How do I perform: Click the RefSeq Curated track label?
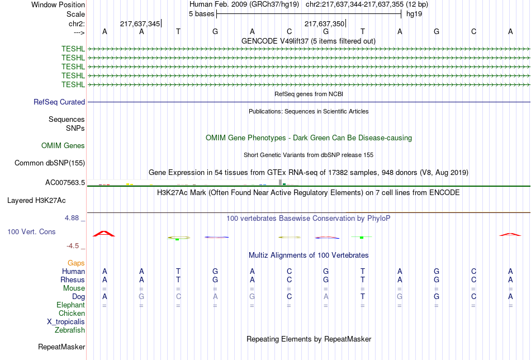[59, 102]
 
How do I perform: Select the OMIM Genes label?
[63, 146]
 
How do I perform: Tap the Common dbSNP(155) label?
[50, 163]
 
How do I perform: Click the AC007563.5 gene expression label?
[65, 183]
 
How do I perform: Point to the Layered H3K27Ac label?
[36, 201]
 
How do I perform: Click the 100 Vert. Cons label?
[31, 231]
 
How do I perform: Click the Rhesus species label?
[73, 280]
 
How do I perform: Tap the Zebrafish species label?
[70, 330]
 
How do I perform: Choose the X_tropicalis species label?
[66, 322]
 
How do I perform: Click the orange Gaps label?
[76, 263]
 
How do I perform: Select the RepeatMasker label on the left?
[61, 347]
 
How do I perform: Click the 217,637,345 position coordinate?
[140, 23]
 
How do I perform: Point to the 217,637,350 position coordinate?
[324, 23]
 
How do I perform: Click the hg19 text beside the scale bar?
[414, 14]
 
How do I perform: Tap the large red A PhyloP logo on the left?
[104, 234]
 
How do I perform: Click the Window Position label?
[58, 4]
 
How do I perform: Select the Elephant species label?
[71, 305]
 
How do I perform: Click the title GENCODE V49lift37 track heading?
[309, 41]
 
